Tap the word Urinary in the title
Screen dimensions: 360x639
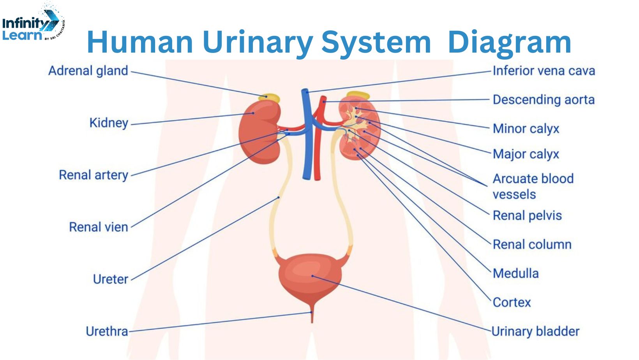pos(258,42)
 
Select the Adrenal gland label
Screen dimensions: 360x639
pos(88,71)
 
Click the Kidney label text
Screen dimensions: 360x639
pos(109,123)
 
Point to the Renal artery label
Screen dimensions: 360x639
pos(94,175)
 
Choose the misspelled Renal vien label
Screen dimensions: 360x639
pos(99,227)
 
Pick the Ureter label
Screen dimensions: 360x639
pos(110,279)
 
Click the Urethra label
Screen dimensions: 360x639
pos(107,332)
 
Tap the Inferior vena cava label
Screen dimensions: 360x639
pos(544,71)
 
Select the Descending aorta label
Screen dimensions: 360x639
pos(544,100)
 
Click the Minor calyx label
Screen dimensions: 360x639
pos(526,129)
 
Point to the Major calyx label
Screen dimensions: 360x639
pos(526,154)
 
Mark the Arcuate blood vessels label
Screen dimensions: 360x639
pos(533,186)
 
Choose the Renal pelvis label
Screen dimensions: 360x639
pos(527,215)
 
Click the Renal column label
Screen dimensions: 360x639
pos(532,245)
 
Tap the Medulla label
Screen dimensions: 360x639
pos(515,274)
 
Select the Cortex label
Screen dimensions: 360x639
pos(512,302)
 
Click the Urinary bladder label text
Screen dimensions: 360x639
pos(535,332)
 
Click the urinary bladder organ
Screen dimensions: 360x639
pos(310,277)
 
